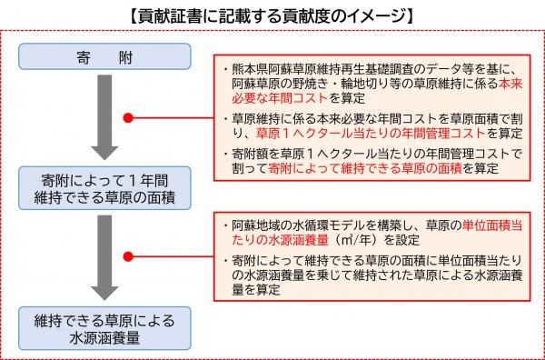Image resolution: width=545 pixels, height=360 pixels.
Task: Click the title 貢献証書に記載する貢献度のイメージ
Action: [x=272, y=15]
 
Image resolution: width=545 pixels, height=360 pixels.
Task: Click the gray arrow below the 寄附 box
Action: [x=107, y=121]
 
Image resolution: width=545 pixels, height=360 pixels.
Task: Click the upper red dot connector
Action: [x=129, y=116]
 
